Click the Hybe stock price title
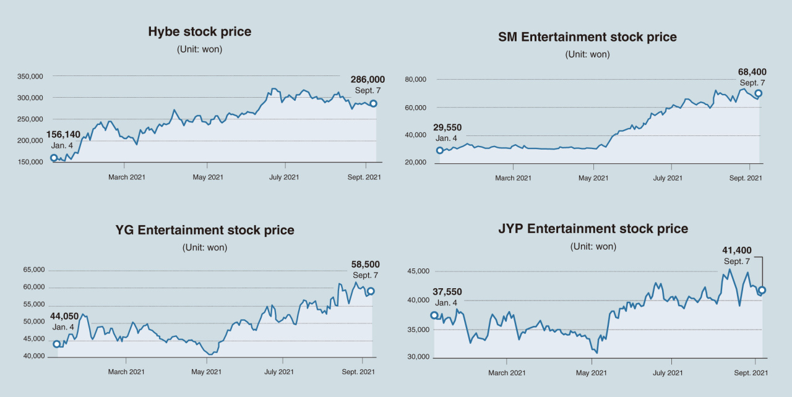[199, 32]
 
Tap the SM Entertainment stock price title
[587, 36]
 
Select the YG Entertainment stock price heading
[205, 230]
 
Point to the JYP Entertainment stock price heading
[593, 229]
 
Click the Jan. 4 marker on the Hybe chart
[54, 158]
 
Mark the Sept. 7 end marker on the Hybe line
[373, 103]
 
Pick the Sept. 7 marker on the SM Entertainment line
[758, 93]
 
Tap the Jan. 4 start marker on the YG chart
[56, 344]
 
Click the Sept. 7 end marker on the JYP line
[762, 290]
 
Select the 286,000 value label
[368, 80]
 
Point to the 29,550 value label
[447, 127]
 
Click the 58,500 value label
[365, 264]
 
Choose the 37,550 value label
[447, 292]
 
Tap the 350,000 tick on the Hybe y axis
[30, 76]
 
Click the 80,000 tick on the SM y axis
[415, 80]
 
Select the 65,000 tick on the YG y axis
[34, 270]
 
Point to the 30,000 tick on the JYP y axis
[418, 357]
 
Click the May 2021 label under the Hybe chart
[208, 177]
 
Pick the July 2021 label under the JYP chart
[668, 373]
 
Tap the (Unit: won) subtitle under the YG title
[205, 247]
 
